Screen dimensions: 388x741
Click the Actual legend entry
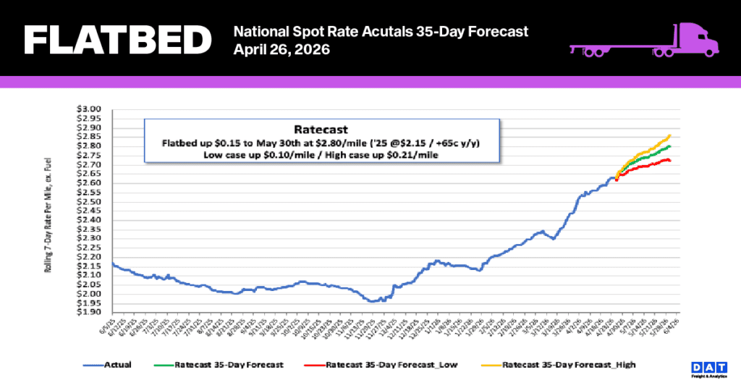point(109,365)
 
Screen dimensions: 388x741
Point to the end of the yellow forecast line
point(670,135)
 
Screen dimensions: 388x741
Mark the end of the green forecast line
point(670,147)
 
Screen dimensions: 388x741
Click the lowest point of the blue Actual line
point(371,301)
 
